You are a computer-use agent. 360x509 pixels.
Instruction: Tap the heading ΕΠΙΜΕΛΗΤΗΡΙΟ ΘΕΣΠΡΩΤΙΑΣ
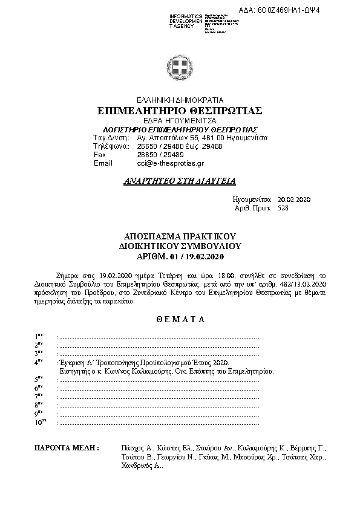click(x=180, y=111)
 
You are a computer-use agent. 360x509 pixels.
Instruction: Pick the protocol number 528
click(x=283, y=208)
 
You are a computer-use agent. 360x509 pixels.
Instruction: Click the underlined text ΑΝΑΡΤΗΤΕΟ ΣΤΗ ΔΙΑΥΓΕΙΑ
click(x=180, y=180)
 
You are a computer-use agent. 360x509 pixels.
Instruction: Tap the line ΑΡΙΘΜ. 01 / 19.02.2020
click(x=180, y=257)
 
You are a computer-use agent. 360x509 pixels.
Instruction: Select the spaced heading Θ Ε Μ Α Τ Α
click(x=180, y=318)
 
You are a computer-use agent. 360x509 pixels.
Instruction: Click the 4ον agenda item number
click(x=39, y=363)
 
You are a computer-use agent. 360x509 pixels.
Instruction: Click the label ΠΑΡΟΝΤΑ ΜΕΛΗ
click(x=67, y=449)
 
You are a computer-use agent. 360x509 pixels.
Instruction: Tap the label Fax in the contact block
click(x=100, y=155)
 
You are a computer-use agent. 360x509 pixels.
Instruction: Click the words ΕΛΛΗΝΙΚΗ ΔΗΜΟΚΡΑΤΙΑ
click(x=180, y=100)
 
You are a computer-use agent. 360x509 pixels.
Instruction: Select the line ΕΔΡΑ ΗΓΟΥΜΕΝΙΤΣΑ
click(x=180, y=121)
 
